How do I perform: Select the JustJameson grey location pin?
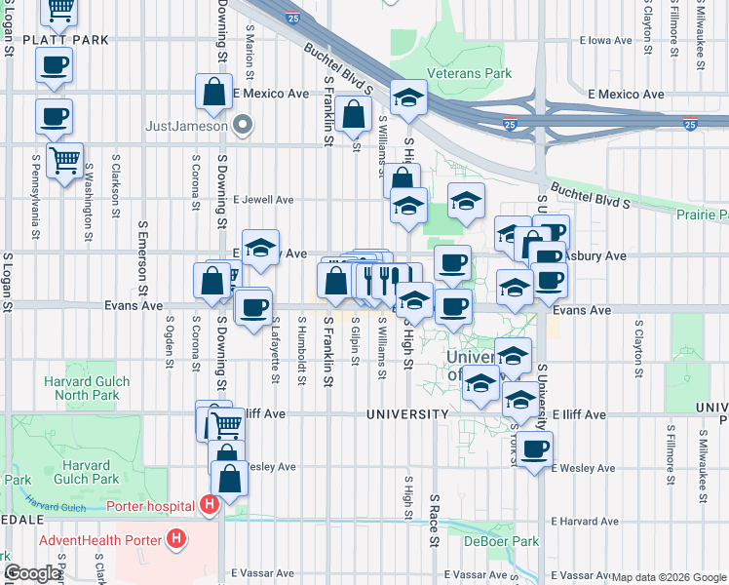click(244, 125)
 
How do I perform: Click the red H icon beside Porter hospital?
click(208, 504)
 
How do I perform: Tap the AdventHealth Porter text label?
click(100, 539)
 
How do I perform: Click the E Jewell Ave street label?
click(263, 200)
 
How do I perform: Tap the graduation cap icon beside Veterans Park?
click(409, 98)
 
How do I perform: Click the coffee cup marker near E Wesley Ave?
click(533, 449)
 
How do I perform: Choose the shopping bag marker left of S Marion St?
click(213, 94)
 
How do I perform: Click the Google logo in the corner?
click(31, 573)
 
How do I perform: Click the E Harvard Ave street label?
click(584, 522)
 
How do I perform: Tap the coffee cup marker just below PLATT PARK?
click(54, 66)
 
